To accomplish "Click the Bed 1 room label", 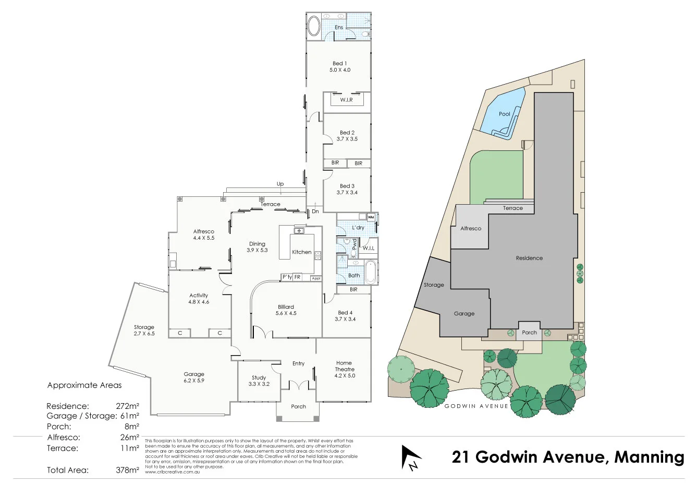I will (339, 63).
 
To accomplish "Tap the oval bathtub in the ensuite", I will (314, 26).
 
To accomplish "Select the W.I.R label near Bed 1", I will (346, 100).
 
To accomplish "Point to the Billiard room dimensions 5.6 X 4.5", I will (286, 313).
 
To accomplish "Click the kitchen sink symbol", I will (299, 230).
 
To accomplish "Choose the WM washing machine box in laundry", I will (371, 217).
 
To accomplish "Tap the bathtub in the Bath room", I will (371, 272).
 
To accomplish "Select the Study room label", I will (259, 378).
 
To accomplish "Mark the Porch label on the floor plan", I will (298, 406).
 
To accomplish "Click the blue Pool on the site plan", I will (504, 114).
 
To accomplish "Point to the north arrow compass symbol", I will (410, 457).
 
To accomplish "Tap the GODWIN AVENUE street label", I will (476, 406).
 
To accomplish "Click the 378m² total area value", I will (127, 470).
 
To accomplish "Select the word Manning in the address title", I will (649, 457).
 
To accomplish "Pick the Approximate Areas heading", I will (84, 385).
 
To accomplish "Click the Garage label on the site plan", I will (464, 314).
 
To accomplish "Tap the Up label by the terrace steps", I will (280, 184).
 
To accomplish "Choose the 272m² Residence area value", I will (127, 406).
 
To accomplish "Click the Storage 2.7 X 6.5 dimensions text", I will (144, 334).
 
